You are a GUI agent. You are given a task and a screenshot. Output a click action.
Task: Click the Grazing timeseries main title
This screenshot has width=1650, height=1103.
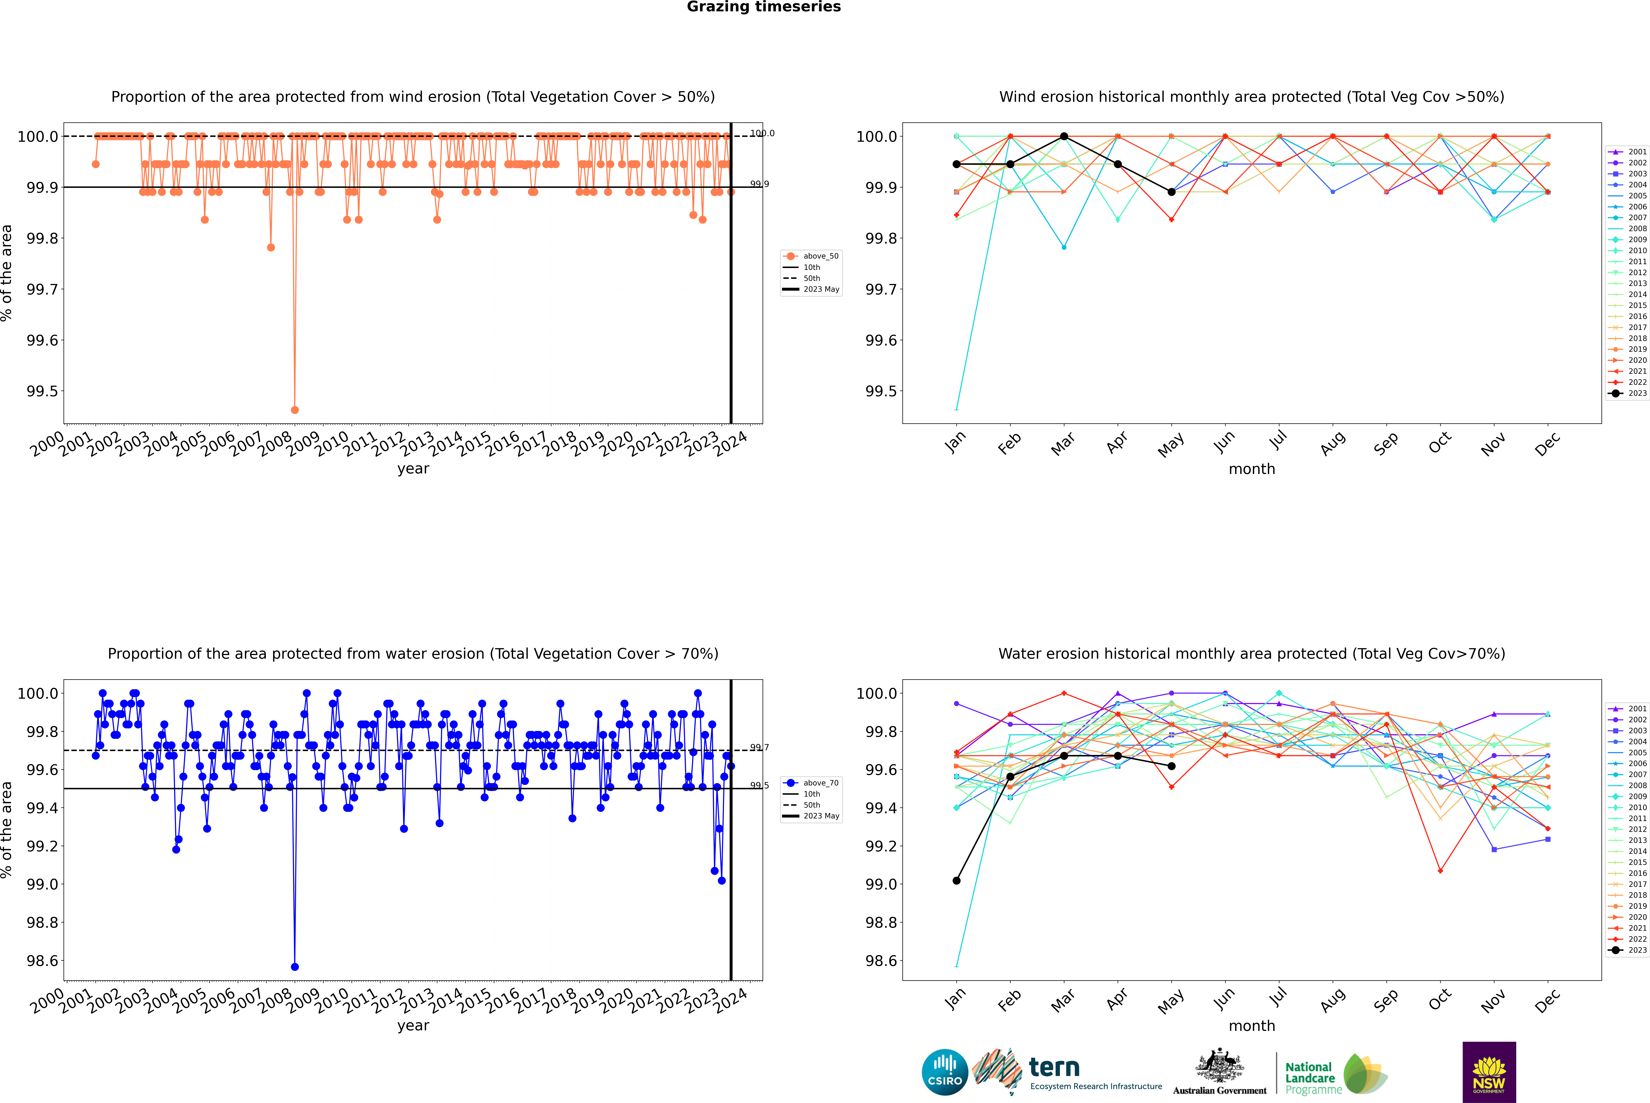(764, 7)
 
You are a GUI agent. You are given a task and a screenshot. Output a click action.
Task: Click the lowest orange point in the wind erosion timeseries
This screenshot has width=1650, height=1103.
(295, 409)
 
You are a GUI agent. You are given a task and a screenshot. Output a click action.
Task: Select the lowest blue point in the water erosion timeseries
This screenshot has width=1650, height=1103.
(295, 966)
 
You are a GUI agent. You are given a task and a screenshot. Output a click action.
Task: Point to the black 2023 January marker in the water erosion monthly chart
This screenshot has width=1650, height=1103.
(957, 881)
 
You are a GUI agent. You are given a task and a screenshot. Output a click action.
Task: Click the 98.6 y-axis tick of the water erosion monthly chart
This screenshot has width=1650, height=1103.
(881, 961)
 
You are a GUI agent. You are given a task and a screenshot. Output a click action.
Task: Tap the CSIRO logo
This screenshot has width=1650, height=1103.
(945, 1072)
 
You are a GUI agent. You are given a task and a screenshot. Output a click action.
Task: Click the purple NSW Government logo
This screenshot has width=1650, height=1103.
(1489, 1072)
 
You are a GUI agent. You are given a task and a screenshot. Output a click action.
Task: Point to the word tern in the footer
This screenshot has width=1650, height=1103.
(1054, 1068)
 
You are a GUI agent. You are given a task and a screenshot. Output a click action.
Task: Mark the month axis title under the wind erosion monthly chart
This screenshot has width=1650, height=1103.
(1251, 469)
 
